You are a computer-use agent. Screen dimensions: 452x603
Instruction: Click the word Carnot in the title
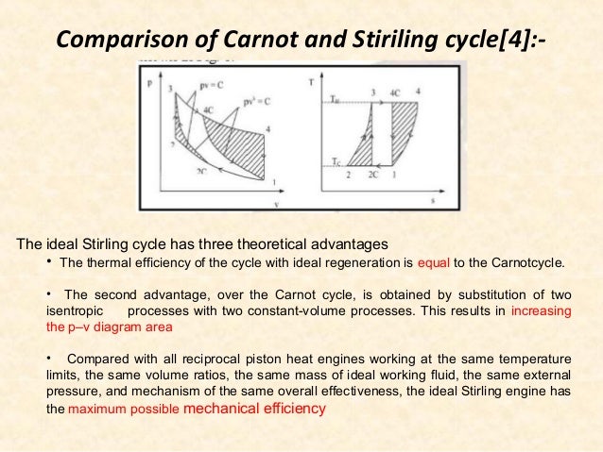click(x=249, y=41)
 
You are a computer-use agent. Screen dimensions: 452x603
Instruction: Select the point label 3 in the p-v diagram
click(x=170, y=90)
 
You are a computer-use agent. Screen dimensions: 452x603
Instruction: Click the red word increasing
click(x=541, y=310)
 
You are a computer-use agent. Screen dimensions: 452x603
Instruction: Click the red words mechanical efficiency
click(x=258, y=410)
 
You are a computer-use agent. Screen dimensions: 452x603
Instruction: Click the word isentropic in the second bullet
click(x=76, y=310)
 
